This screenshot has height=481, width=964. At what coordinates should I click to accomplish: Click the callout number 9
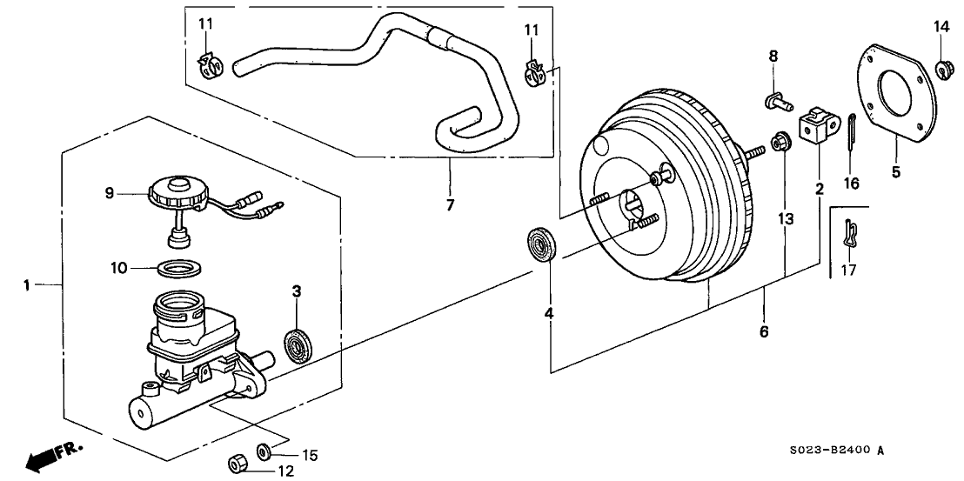(x=110, y=193)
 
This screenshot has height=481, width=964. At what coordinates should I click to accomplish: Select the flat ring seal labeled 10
(x=181, y=267)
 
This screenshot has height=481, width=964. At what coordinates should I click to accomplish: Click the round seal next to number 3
(x=299, y=345)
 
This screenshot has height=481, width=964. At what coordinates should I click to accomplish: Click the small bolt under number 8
(x=773, y=103)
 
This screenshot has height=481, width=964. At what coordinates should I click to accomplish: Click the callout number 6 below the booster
(x=765, y=331)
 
